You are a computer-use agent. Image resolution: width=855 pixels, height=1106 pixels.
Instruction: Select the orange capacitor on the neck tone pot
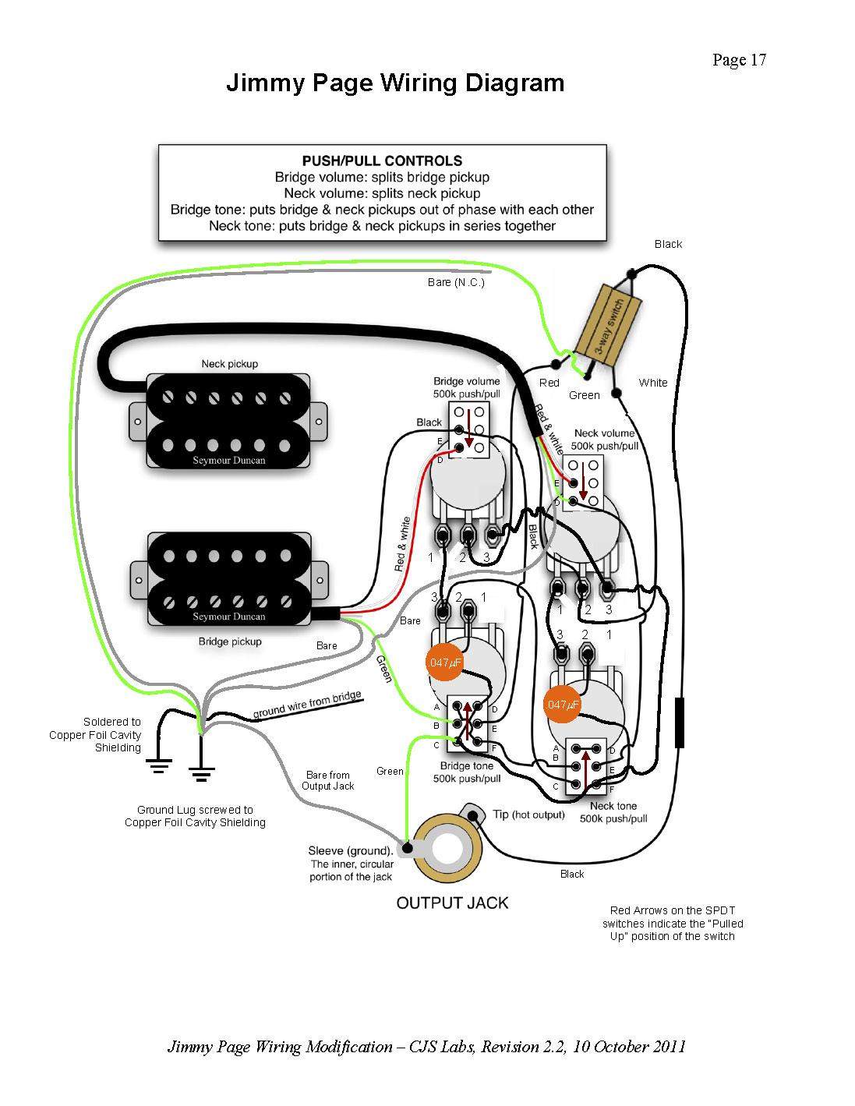[563, 704]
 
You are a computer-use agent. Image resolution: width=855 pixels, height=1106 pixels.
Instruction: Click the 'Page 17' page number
[739, 61]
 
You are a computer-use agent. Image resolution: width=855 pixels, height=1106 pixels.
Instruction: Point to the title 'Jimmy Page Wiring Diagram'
[395, 83]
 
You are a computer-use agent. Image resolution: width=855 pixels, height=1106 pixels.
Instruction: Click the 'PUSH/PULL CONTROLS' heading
[382, 161]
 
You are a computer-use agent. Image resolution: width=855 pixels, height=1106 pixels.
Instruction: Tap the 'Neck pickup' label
[229, 364]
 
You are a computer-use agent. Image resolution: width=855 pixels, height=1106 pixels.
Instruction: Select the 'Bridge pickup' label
[229, 641]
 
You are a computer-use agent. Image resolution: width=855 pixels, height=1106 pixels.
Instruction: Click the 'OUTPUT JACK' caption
[452, 903]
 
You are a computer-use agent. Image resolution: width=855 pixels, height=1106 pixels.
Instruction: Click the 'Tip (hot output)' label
[528, 814]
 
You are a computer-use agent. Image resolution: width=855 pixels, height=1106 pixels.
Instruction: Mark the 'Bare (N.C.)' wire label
[456, 282]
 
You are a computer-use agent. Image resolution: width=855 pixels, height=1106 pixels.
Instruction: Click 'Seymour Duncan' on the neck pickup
[229, 460]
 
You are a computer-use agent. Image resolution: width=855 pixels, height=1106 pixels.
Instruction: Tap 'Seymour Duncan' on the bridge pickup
[229, 617]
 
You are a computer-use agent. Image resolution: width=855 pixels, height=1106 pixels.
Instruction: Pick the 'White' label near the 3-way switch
[652, 383]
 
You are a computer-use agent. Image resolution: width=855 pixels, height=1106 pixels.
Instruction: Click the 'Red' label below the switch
[549, 383]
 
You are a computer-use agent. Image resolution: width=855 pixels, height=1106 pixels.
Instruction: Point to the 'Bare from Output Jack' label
[328, 780]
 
